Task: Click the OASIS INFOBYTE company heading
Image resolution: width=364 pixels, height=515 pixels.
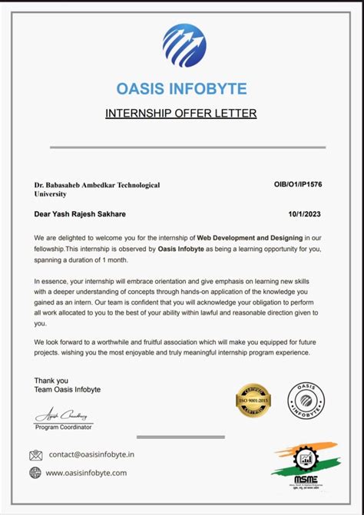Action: pos(181,90)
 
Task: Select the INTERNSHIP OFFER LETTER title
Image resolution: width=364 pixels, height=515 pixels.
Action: pos(180,114)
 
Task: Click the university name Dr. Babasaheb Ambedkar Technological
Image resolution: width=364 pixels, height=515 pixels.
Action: pos(97,185)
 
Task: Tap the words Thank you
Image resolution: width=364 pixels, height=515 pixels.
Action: pos(51,380)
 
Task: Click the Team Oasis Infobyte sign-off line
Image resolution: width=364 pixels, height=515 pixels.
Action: pos(67,390)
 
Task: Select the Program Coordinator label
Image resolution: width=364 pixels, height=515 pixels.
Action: pos(65,427)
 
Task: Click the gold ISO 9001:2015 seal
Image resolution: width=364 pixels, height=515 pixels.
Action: pos(253,400)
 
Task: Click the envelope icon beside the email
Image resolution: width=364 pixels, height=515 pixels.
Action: pos(36,454)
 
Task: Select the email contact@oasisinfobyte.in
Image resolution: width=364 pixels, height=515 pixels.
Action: pos(91,454)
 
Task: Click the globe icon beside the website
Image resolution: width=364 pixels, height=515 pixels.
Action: pos(35,473)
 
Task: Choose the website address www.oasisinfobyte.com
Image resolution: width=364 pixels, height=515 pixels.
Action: pos(86,473)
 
